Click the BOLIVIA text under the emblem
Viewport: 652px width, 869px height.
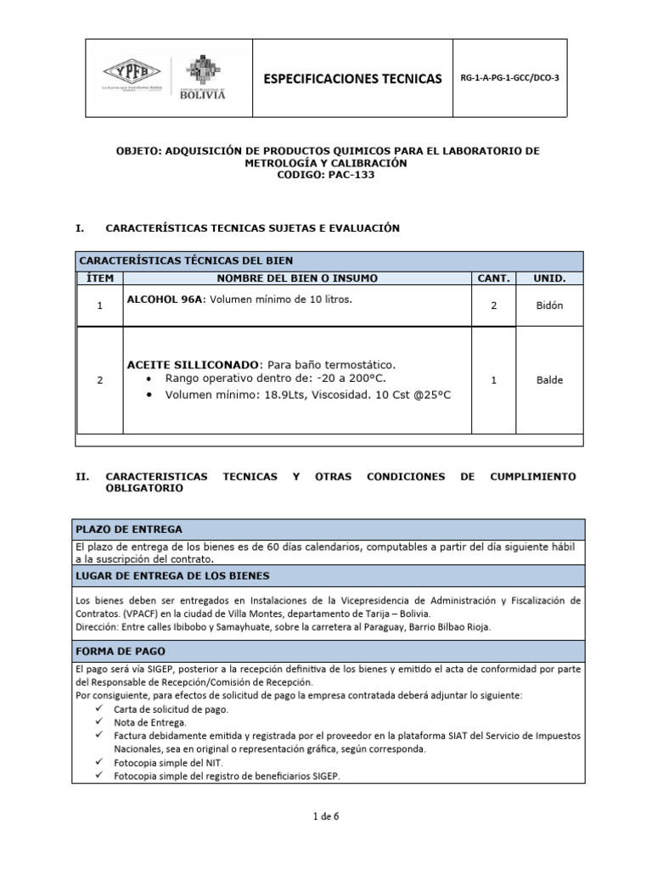tap(203, 95)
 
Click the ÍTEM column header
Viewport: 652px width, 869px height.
tap(99, 278)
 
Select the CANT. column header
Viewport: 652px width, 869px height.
tap(494, 278)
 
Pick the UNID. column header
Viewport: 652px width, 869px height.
tap(549, 278)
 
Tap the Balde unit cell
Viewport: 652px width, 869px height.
tap(549, 381)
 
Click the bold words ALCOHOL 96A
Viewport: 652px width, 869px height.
tap(166, 300)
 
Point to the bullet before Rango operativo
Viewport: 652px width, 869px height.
tap(151, 378)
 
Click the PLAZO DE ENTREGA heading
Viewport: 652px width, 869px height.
tap(129, 529)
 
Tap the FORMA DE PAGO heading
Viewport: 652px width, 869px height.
tap(121, 651)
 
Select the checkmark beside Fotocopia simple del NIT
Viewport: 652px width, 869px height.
tap(100, 762)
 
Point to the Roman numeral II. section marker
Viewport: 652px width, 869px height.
tap(82, 477)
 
